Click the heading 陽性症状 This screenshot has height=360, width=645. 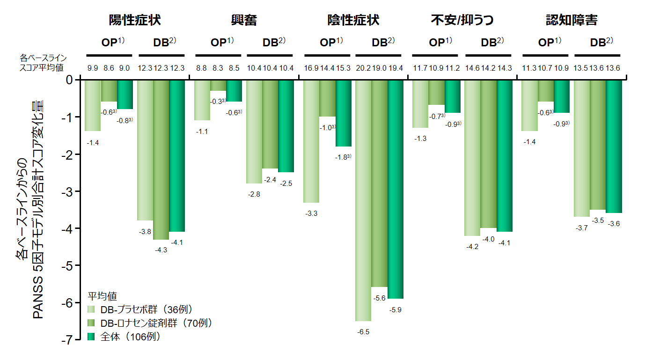pos(135,20)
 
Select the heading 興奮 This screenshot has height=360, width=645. pos(244,20)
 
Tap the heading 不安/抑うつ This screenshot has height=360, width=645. pos(462,20)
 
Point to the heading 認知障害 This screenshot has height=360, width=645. pos(572,20)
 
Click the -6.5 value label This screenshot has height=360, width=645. pos(363,332)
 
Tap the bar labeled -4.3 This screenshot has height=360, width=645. pos(161,160)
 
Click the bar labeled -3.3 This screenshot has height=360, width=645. pos(312,141)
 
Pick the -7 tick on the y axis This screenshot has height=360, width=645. pos(66,340)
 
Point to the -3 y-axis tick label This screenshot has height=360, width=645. pos(66,191)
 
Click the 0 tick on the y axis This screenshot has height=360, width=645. pos(69,80)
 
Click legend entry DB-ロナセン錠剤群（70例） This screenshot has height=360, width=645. pos(150,323)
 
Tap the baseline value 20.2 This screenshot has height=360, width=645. pos(363,68)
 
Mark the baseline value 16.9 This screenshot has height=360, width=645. pos(312,68)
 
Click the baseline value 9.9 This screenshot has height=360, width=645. pos(93,68)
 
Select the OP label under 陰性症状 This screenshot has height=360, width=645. pos(327,43)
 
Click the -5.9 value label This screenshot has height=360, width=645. pos(396,309)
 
